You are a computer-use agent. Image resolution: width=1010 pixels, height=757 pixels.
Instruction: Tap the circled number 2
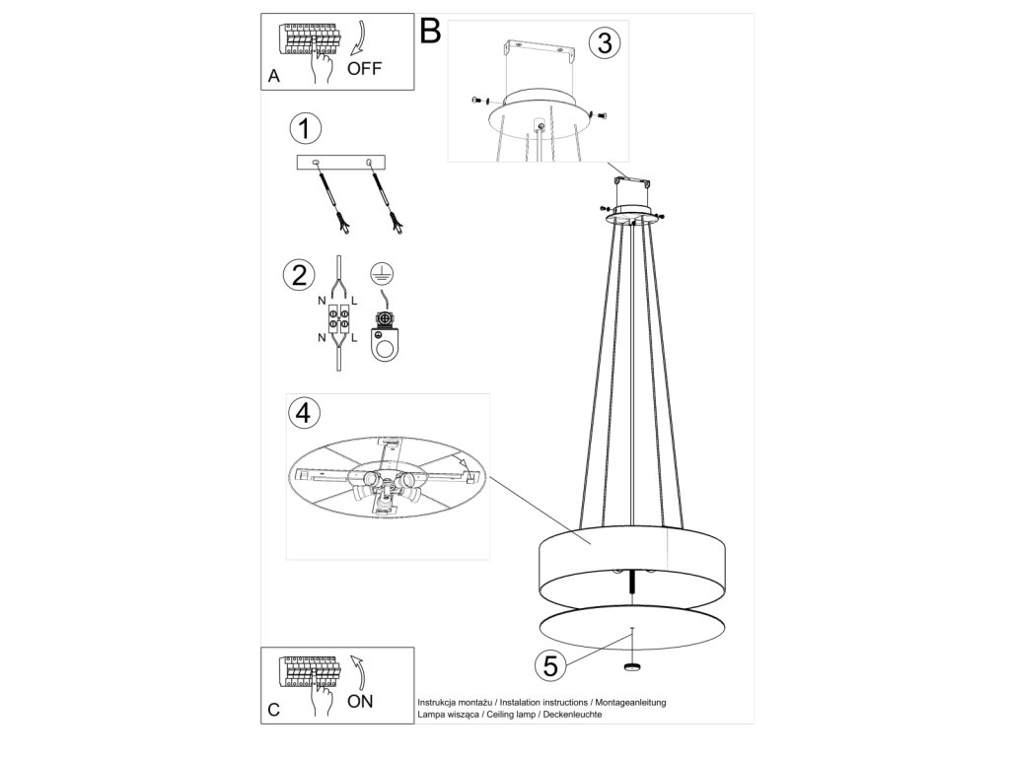click(299, 275)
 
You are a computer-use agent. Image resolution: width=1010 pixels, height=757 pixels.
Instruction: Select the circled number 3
click(605, 42)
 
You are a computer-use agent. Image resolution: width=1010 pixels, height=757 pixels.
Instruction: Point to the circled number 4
click(304, 412)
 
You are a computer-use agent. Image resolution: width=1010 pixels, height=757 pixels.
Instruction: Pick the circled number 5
click(550, 665)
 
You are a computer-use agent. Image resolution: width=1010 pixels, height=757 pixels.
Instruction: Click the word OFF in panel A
click(365, 68)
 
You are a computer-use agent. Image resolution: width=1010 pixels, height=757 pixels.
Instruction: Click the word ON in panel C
click(360, 701)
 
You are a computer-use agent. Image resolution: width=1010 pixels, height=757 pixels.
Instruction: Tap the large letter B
click(430, 31)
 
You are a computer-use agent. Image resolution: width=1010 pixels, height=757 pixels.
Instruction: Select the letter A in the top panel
click(274, 76)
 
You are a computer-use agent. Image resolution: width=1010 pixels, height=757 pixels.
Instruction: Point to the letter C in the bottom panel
click(274, 710)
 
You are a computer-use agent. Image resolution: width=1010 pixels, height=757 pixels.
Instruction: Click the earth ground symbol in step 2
click(382, 275)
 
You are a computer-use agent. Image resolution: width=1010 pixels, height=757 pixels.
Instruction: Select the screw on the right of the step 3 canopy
click(601, 114)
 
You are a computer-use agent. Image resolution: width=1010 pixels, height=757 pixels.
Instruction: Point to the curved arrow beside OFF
click(359, 38)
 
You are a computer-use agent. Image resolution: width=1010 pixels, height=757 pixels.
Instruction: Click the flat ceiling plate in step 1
click(340, 163)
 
